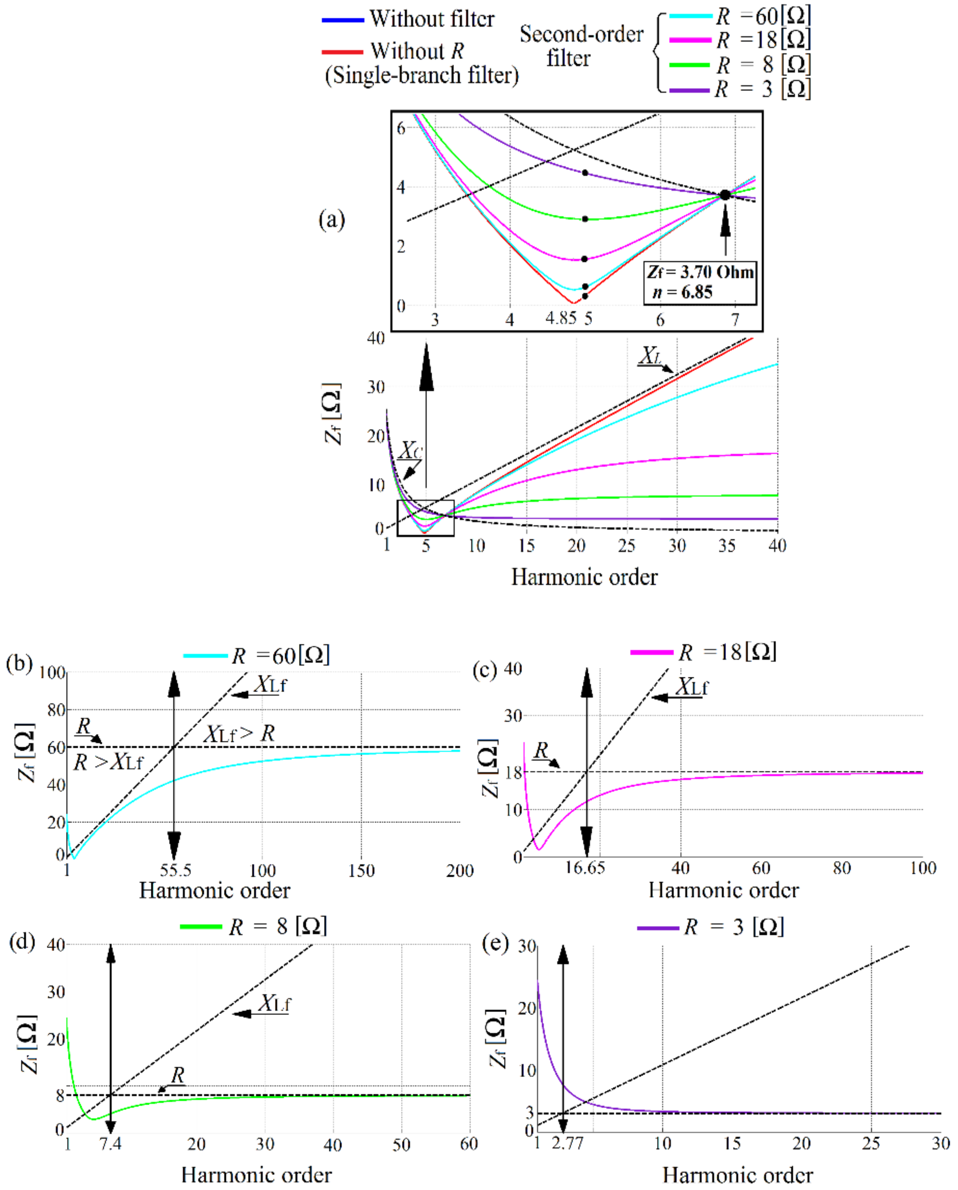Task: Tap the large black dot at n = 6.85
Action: pyautogui.click(x=725, y=195)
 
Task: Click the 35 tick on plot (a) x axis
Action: pyautogui.click(x=727, y=546)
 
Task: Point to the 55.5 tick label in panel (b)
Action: pyautogui.click(x=175, y=870)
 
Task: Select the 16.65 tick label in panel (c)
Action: pyautogui.click(x=585, y=868)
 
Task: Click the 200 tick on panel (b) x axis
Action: pyautogui.click(x=460, y=870)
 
